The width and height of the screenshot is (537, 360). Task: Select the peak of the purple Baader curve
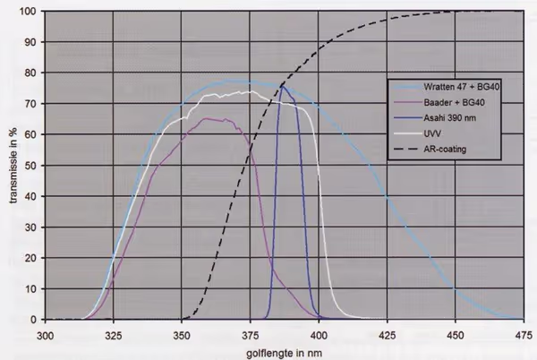coord(209,118)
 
